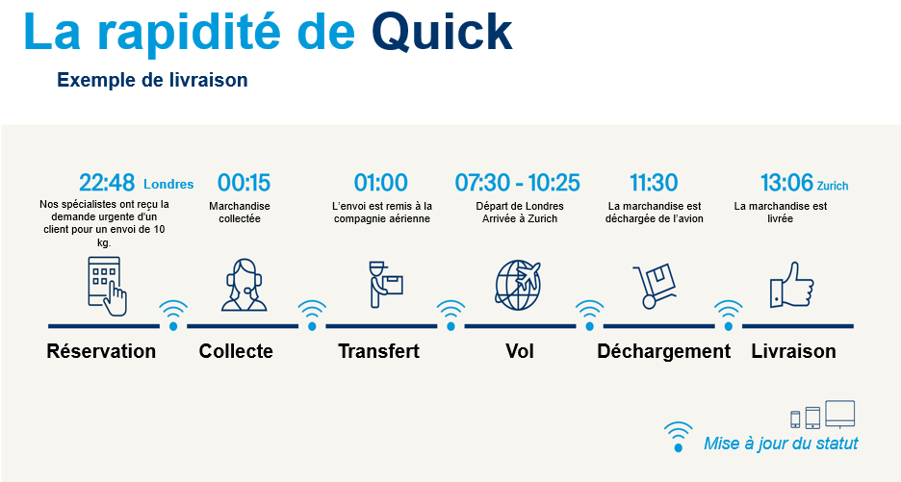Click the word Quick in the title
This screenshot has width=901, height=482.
pyautogui.click(x=442, y=33)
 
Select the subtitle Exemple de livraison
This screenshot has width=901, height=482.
pyautogui.click(x=152, y=80)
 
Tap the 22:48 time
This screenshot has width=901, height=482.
pyautogui.click(x=107, y=183)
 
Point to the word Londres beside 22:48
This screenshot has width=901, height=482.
pyautogui.click(x=168, y=185)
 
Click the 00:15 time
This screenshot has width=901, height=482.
pyautogui.click(x=244, y=183)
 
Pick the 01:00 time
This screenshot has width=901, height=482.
pyautogui.click(x=380, y=183)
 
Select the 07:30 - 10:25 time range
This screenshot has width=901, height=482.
pyautogui.click(x=517, y=183)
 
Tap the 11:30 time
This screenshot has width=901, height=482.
pyautogui.click(x=654, y=183)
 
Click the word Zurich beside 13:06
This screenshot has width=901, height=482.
pyautogui.click(x=833, y=186)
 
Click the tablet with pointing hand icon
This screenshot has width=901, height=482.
pyautogui.click(x=107, y=286)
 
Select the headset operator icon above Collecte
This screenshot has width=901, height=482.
pyautogui.click(x=245, y=285)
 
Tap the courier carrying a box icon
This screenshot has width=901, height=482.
pyautogui.click(x=385, y=284)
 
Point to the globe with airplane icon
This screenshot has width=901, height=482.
pyautogui.click(x=518, y=285)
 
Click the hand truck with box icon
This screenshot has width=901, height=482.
pyautogui.click(x=654, y=286)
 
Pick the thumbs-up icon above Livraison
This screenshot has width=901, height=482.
pyautogui.click(x=792, y=285)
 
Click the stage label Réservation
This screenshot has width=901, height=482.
pyautogui.click(x=101, y=351)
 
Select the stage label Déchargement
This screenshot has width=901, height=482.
pyautogui.click(x=663, y=351)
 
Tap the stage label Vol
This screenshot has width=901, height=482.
pyautogui.click(x=520, y=351)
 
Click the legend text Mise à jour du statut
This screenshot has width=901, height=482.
pyautogui.click(x=781, y=444)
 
